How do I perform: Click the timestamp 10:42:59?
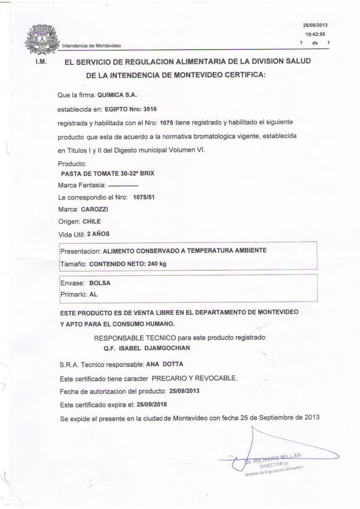pyautogui.click(x=315, y=34)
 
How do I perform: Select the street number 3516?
pyautogui.click(x=149, y=109)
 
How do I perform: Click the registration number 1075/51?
pyautogui.click(x=144, y=197)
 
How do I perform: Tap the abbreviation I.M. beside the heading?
pyautogui.click(x=40, y=62)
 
